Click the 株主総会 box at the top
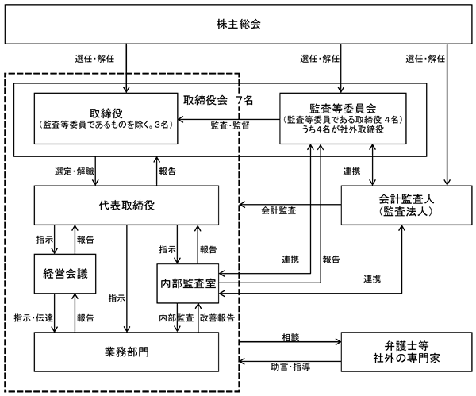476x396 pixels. [238, 24]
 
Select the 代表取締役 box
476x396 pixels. [126, 206]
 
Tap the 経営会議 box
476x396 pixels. [65, 274]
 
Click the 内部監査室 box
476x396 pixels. [187, 283]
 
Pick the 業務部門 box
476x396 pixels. [126, 352]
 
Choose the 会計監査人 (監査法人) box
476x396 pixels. [406, 206]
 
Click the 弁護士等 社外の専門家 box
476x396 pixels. [406, 352]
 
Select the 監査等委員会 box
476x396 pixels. [343, 118]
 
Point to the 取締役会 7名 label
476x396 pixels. [218, 100]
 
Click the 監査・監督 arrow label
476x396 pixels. [230, 125]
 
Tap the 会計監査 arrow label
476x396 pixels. [278, 210]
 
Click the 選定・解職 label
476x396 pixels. [75, 171]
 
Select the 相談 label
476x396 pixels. [290, 337]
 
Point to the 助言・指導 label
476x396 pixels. [290, 367]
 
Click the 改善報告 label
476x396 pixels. [217, 318]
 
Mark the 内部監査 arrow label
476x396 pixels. [176, 318]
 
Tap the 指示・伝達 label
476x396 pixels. [33, 318]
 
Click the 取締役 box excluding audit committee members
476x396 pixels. [106, 118]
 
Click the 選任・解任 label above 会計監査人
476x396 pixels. [425, 59]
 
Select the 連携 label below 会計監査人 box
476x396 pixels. [372, 279]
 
